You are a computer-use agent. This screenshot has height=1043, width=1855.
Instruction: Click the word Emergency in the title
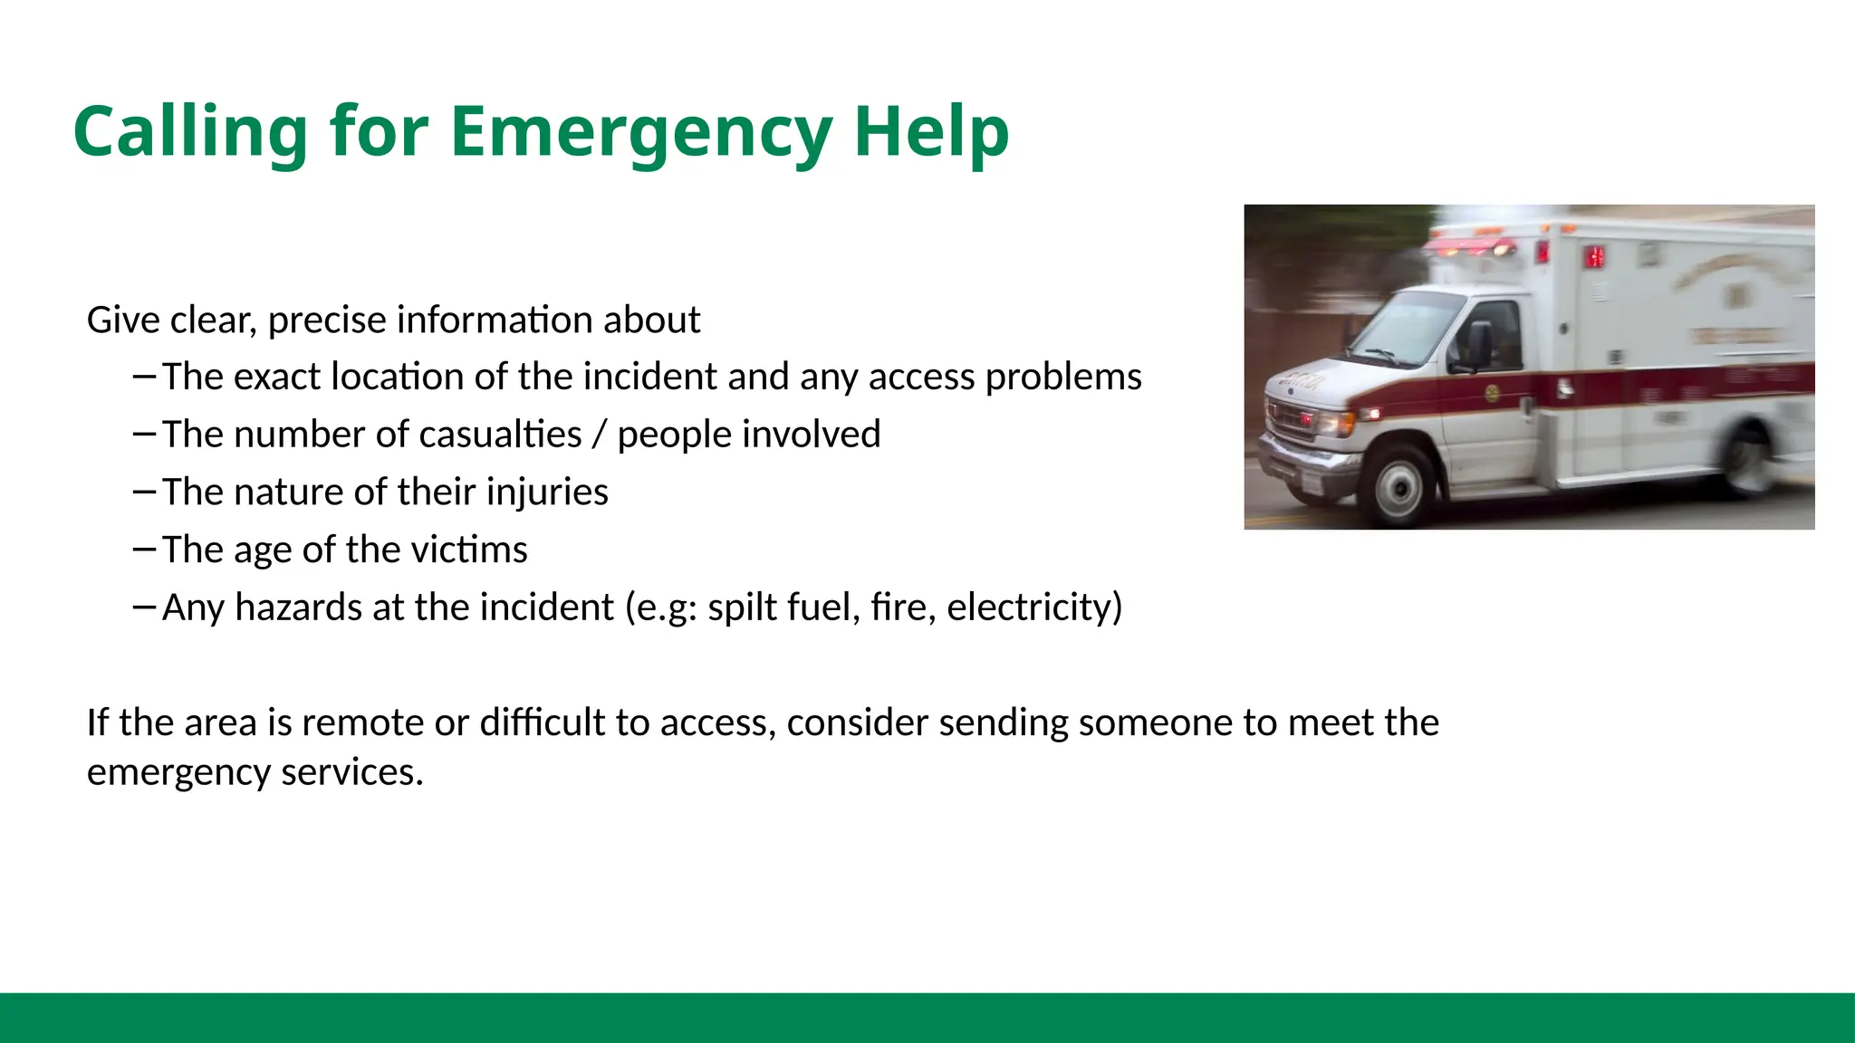tap(639, 132)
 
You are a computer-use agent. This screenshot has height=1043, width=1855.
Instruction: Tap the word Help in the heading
tap(931, 132)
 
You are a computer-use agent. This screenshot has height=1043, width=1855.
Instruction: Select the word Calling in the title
tap(190, 132)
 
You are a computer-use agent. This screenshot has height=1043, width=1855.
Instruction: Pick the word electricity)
tap(1034, 608)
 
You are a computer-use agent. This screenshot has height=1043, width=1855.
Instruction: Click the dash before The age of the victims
tap(144, 549)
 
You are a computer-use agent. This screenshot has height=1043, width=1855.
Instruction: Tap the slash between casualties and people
tap(599, 435)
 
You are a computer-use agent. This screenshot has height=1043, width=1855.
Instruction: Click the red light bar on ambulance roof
tap(1472, 245)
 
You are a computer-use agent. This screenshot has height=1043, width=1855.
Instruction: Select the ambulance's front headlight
tap(1332, 421)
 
